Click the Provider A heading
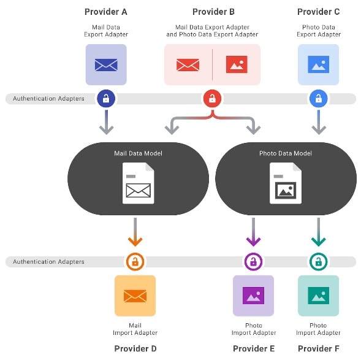105,12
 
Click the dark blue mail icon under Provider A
106,64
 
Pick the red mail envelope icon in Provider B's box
188,64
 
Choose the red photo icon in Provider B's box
237,64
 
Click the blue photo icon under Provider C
318,64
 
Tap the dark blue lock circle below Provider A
106,98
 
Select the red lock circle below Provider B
212,98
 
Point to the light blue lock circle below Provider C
318,98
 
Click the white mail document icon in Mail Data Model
138,183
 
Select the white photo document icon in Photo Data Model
286,183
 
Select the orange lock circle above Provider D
135,262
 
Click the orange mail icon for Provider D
135,296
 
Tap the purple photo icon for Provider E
253,296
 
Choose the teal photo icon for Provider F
318,296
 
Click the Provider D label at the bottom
135,348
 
